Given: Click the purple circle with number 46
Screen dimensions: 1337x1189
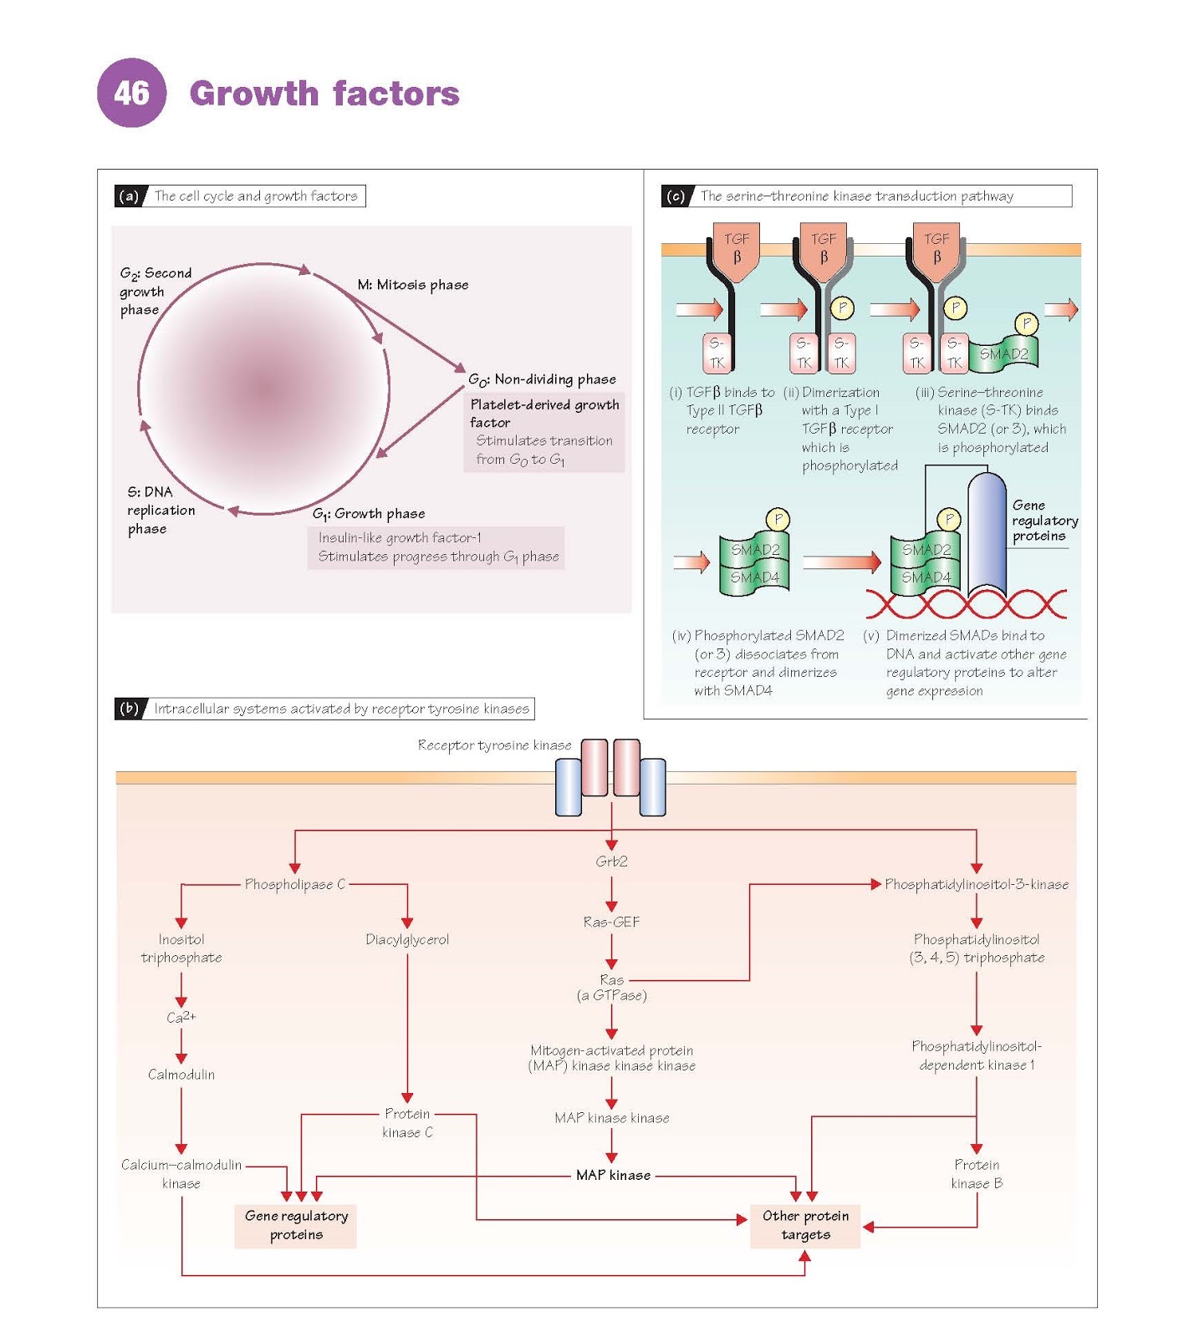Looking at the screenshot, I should click(x=131, y=93).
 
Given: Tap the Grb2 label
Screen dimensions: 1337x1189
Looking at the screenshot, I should click(x=611, y=862).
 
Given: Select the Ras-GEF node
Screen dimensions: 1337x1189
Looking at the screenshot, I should click(x=611, y=922).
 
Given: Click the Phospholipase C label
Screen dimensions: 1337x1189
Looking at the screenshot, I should click(x=294, y=884).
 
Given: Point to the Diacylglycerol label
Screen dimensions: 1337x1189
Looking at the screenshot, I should click(x=407, y=940).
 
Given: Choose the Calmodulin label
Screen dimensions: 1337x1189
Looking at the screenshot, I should click(x=181, y=1075).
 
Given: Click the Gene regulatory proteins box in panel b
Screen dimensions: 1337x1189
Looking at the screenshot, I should click(x=296, y=1226).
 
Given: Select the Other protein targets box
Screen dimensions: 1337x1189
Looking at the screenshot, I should click(x=805, y=1226).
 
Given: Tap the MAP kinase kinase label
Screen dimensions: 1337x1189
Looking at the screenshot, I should click(x=611, y=1118).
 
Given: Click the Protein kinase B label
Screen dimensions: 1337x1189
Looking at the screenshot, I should click(x=976, y=1174).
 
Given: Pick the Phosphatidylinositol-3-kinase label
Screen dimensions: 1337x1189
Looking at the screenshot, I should click(x=977, y=884).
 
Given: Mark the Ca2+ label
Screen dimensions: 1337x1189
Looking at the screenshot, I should click(x=181, y=1017).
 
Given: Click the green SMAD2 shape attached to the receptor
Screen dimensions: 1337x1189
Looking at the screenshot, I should click(x=1003, y=354).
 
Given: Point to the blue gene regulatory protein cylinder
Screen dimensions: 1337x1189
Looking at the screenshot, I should click(x=987, y=535).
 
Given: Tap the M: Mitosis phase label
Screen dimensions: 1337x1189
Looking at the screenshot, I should click(x=413, y=285).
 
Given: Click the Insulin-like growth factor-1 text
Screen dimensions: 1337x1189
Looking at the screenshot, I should click(x=400, y=538).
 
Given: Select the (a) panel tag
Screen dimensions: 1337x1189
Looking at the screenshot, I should click(x=129, y=196).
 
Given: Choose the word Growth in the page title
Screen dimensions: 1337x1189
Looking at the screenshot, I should click(x=254, y=94).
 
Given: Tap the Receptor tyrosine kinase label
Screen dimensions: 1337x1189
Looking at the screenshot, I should click(x=494, y=745).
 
